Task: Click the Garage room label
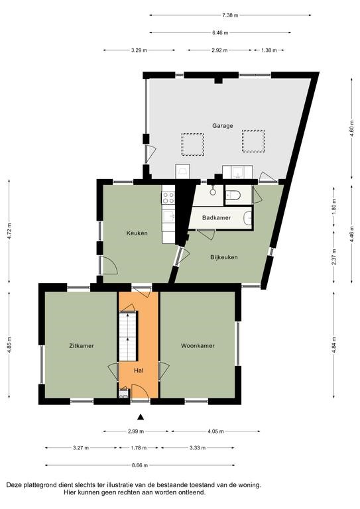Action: (222, 126)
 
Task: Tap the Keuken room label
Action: (137, 233)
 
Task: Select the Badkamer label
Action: (217, 217)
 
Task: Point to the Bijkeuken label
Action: (224, 257)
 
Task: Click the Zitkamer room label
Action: (82, 346)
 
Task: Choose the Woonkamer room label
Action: (198, 346)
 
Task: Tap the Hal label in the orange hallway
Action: (139, 370)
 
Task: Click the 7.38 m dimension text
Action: (230, 15)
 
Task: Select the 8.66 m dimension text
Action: (140, 465)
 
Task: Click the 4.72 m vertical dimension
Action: (9, 231)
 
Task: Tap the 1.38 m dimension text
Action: (269, 50)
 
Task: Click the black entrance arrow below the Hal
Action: (141, 417)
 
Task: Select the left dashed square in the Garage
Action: (193, 144)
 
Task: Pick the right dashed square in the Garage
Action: (253, 141)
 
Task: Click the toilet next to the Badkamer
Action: (233, 196)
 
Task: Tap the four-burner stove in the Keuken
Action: (168, 198)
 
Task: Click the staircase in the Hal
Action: (129, 335)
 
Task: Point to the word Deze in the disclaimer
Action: (14, 485)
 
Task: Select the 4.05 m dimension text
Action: (215, 431)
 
